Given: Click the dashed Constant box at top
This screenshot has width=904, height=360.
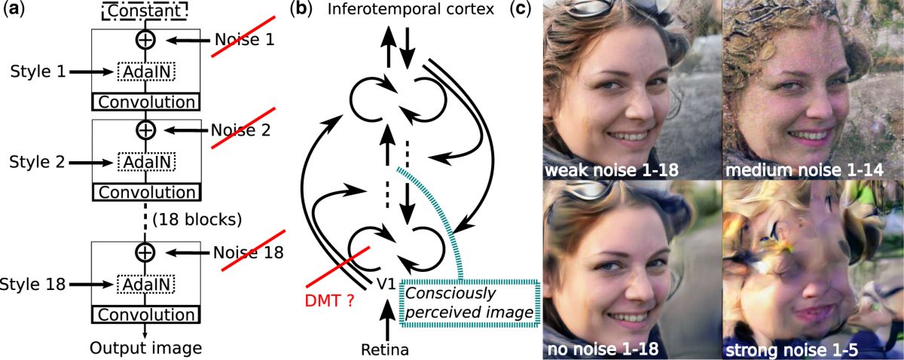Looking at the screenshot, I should click(x=146, y=12).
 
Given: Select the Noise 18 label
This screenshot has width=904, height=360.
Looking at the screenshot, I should click(x=248, y=253).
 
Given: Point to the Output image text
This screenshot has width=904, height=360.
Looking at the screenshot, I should click(x=146, y=347).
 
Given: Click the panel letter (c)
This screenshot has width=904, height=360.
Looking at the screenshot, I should click(x=522, y=11).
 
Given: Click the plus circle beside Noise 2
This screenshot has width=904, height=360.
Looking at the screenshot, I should click(x=146, y=130).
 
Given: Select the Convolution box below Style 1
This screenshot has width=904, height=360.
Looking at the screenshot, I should click(x=146, y=102).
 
